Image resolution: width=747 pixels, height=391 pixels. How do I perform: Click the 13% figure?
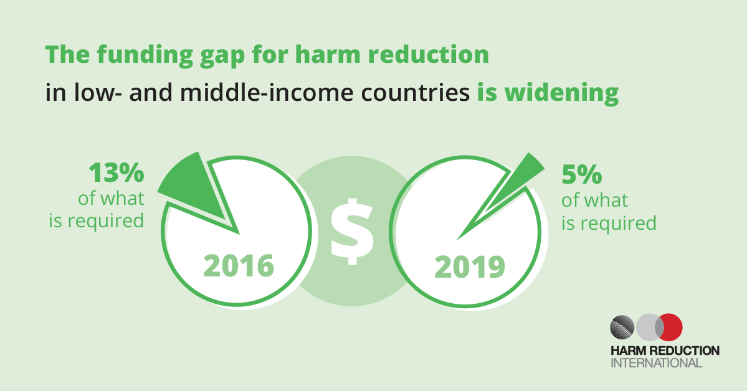[x=117, y=172]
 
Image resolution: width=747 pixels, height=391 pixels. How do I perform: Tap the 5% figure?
[x=582, y=175]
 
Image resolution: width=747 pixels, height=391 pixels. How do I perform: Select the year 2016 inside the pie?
[x=239, y=266]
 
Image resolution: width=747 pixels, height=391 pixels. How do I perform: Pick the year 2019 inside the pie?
[x=470, y=267]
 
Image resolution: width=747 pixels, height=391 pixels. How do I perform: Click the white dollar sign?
[x=351, y=232]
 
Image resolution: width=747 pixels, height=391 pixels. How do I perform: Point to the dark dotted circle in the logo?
[x=622, y=327]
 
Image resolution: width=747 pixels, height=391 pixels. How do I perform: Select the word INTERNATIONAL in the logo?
[x=657, y=363]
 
